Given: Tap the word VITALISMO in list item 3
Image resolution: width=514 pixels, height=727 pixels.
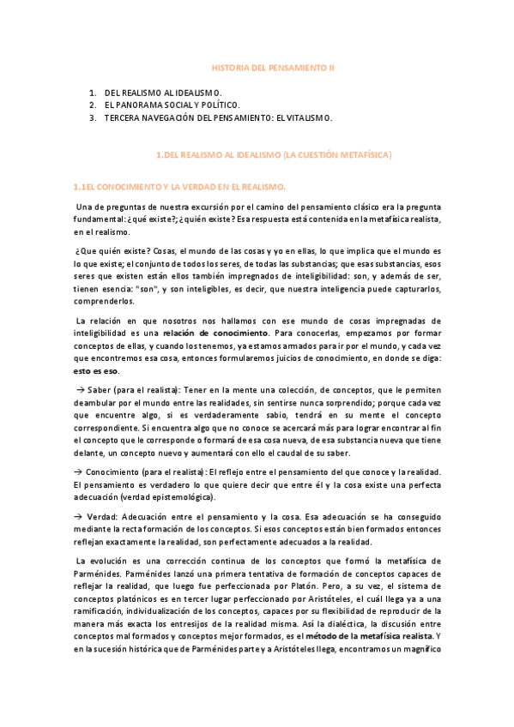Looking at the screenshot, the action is click(306, 118).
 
